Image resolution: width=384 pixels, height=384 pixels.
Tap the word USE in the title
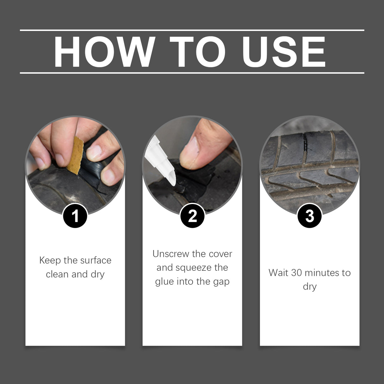[x=284, y=52]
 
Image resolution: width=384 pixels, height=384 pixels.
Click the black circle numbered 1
[x=75, y=216]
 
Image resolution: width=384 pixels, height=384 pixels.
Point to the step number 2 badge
[x=192, y=216]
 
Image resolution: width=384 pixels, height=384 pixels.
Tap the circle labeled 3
[x=310, y=216]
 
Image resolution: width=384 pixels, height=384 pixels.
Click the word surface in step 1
[x=96, y=260]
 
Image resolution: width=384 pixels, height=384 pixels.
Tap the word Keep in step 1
[x=50, y=261]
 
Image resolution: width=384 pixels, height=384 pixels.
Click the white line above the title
[x=192, y=30]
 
